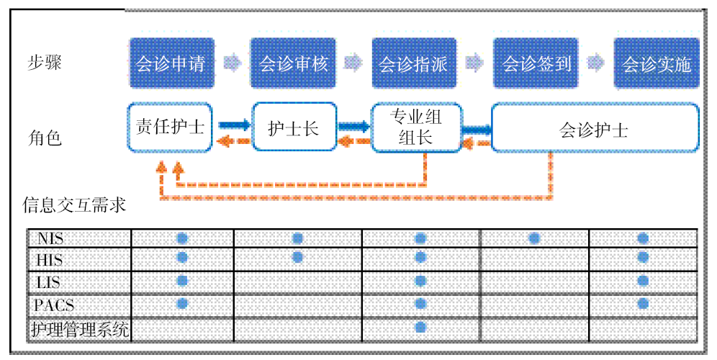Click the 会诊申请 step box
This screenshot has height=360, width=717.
[x=171, y=63]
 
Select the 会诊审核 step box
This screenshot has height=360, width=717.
[x=293, y=63]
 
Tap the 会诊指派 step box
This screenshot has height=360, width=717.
[x=414, y=63]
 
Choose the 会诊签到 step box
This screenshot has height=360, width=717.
[x=536, y=63]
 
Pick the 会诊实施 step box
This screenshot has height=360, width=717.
[x=657, y=63]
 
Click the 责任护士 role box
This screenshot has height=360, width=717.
[x=171, y=127]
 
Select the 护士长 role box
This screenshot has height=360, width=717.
[x=293, y=127]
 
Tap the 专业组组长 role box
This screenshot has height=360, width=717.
[x=415, y=127]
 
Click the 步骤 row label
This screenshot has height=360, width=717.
[x=45, y=62]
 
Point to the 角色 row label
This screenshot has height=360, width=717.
[x=45, y=137]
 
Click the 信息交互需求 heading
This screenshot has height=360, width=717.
[x=74, y=205]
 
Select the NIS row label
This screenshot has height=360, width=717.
[x=52, y=238]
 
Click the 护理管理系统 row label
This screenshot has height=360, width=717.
[x=79, y=329]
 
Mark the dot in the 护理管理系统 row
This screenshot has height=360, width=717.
[x=421, y=328]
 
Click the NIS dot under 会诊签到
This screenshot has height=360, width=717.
[x=534, y=238]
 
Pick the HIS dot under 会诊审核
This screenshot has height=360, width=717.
[x=297, y=257]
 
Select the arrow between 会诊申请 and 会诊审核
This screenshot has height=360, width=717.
[x=233, y=63]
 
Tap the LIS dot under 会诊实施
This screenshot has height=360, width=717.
[x=643, y=281]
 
